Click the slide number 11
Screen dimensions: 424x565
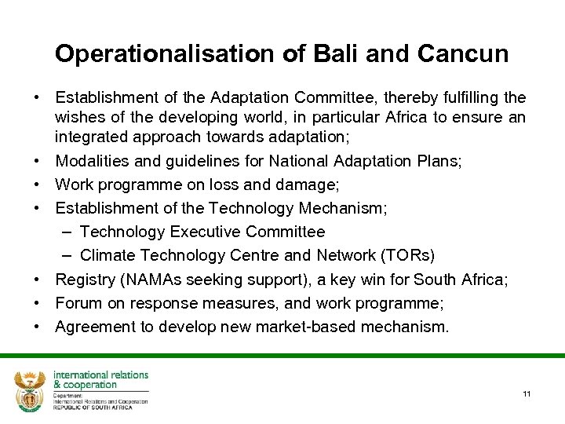(x=527, y=393)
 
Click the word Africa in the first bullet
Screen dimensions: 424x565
(x=412, y=118)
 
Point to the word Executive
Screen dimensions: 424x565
(x=203, y=232)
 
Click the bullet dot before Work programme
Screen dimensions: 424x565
(x=37, y=185)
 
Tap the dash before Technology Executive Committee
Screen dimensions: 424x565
(x=66, y=232)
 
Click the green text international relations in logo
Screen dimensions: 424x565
(x=100, y=375)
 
